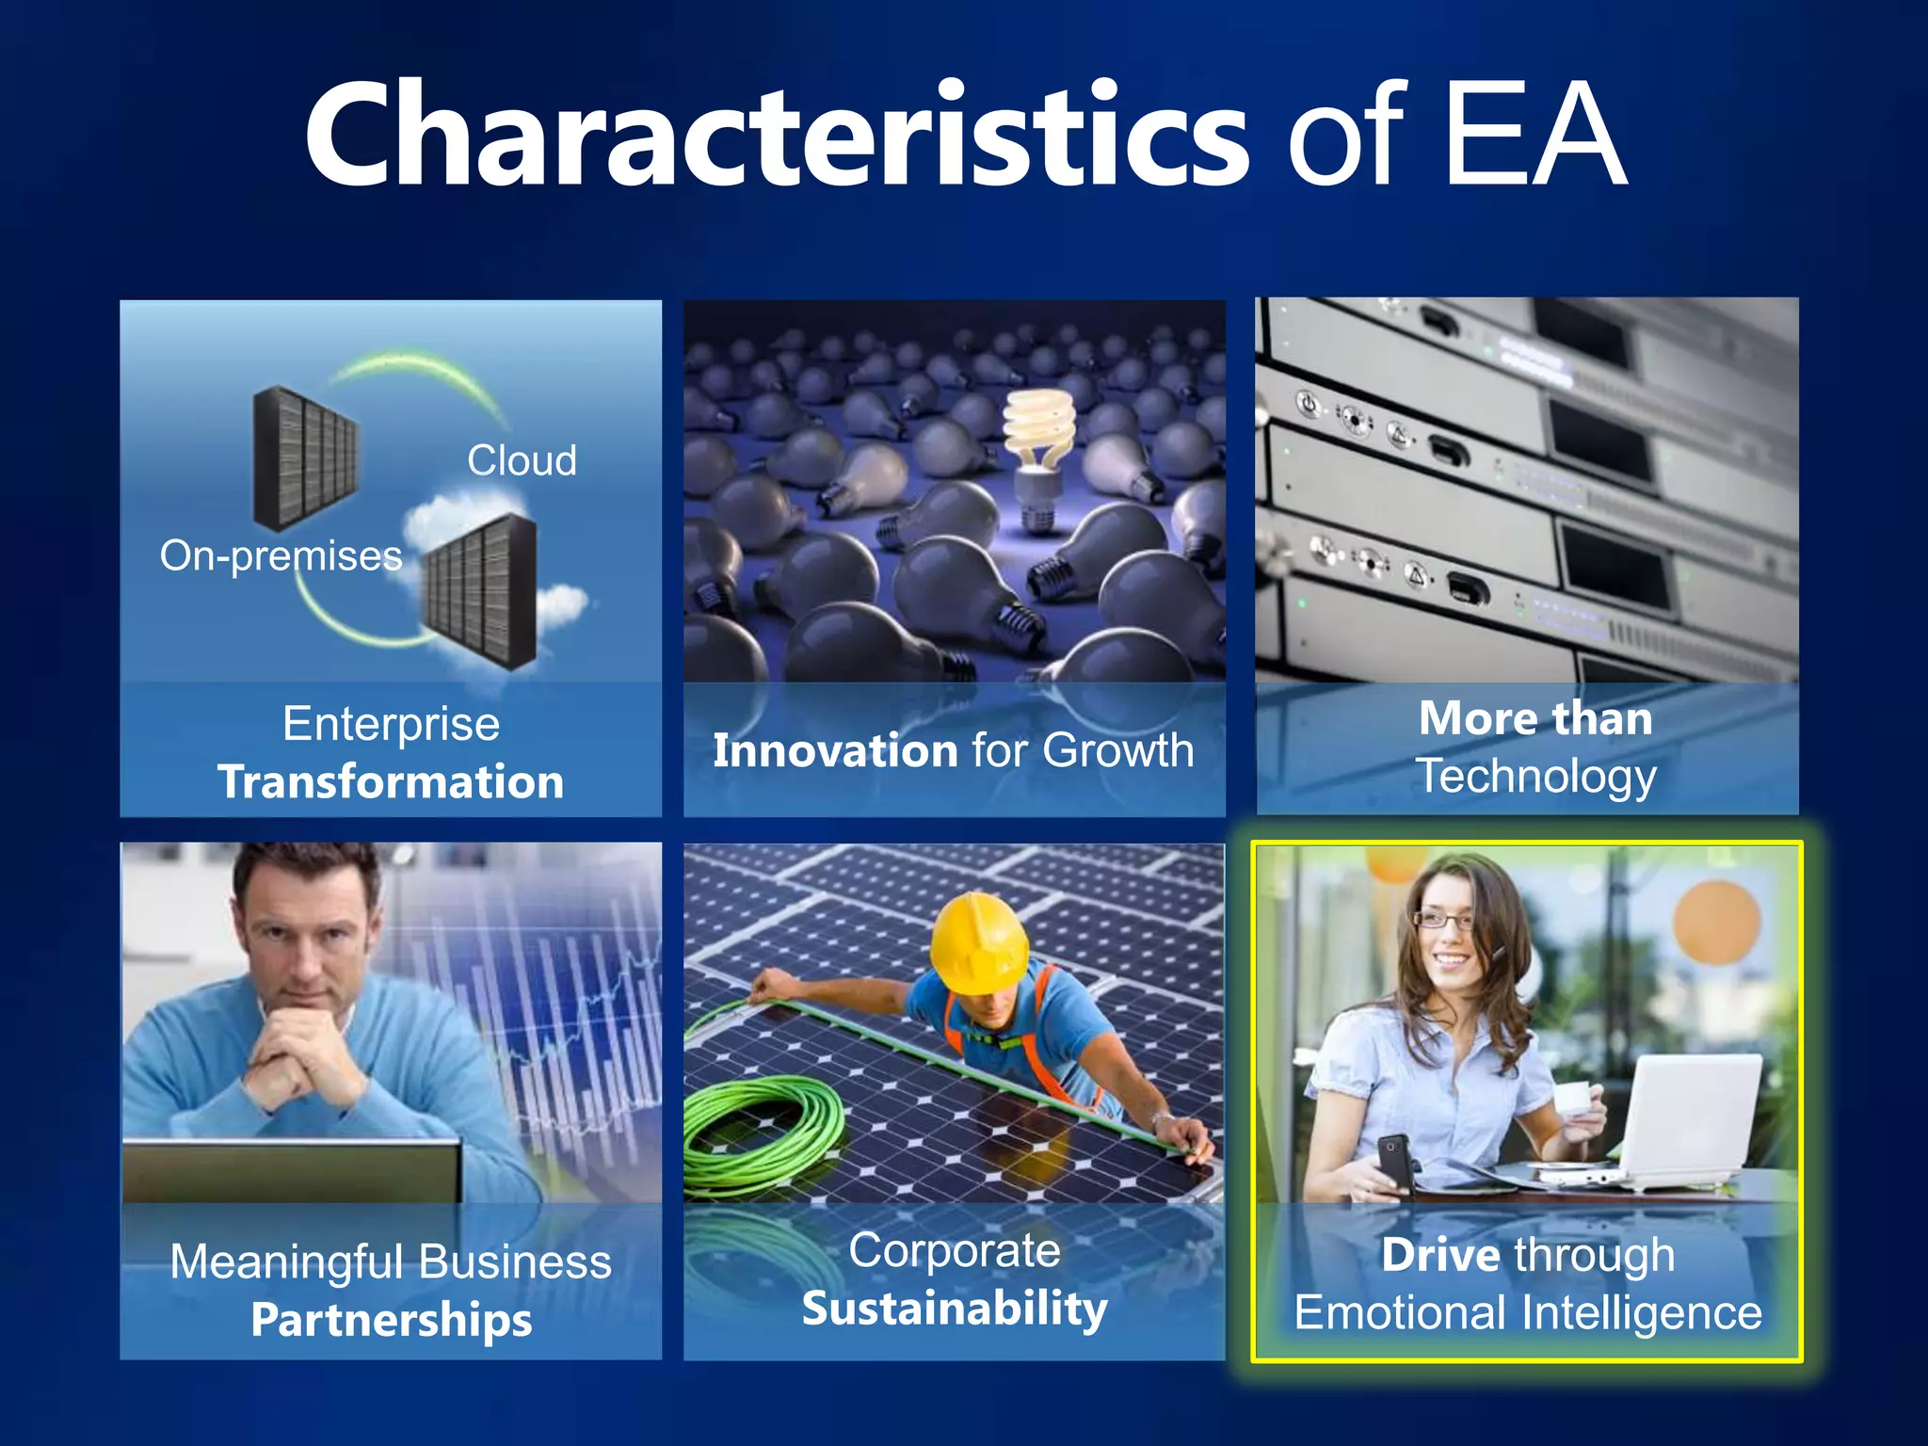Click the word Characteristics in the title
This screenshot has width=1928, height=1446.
[x=778, y=137]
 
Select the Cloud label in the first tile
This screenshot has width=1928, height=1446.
[x=522, y=460]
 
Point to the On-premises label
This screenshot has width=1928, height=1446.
[x=281, y=555]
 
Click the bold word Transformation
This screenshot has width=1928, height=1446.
[x=391, y=781]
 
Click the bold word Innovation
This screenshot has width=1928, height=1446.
[x=835, y=750]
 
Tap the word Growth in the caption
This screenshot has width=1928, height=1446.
[x=1118, y=750]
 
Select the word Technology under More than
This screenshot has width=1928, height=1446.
[x=1536, y=777]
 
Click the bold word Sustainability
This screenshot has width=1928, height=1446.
[x=955, y=1309]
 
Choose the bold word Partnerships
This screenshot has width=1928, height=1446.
[x=391, y=1320]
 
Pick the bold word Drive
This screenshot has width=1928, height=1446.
[x=1440, y=1255]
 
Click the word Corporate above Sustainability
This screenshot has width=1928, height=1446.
[x=955, y=1250]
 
